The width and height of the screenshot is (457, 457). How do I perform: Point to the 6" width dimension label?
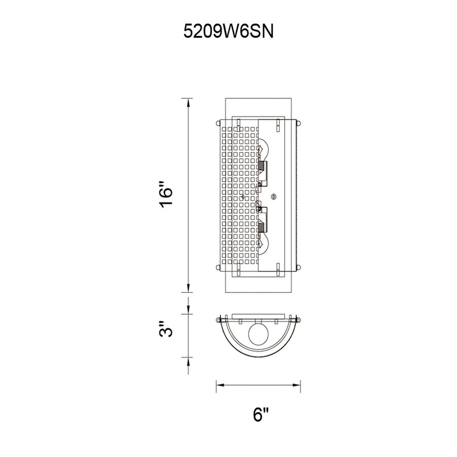point(259,415)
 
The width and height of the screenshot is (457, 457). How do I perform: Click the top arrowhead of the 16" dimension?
point(189,104)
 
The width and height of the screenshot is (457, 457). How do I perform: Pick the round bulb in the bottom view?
point(259,335)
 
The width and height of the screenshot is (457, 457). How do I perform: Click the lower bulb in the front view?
point(264,239)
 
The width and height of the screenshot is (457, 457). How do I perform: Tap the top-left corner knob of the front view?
point(218,122)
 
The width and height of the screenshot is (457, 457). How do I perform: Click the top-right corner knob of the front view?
point(299,122)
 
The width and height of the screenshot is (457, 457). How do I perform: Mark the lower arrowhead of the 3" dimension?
point(189,362)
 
